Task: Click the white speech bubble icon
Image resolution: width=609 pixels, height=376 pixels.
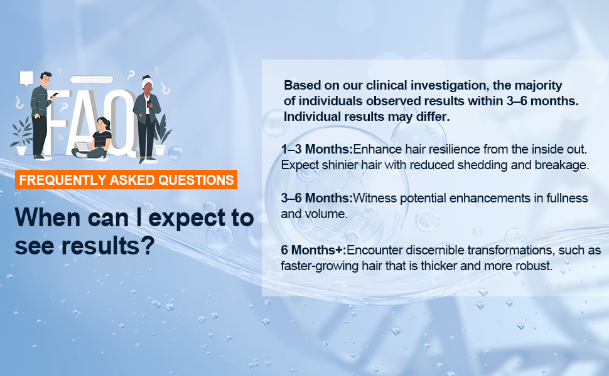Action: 26,78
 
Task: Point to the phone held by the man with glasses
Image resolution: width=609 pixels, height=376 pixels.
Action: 55,95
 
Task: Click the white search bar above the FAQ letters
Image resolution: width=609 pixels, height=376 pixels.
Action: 92,80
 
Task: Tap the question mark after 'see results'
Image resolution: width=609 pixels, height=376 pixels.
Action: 147,246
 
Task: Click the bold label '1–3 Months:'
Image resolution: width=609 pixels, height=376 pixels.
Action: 317,149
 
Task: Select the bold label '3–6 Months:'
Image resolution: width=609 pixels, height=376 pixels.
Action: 317,198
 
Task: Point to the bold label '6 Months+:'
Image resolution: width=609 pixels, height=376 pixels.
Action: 313,250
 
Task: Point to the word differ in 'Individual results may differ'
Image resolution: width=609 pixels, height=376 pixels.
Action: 433,117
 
